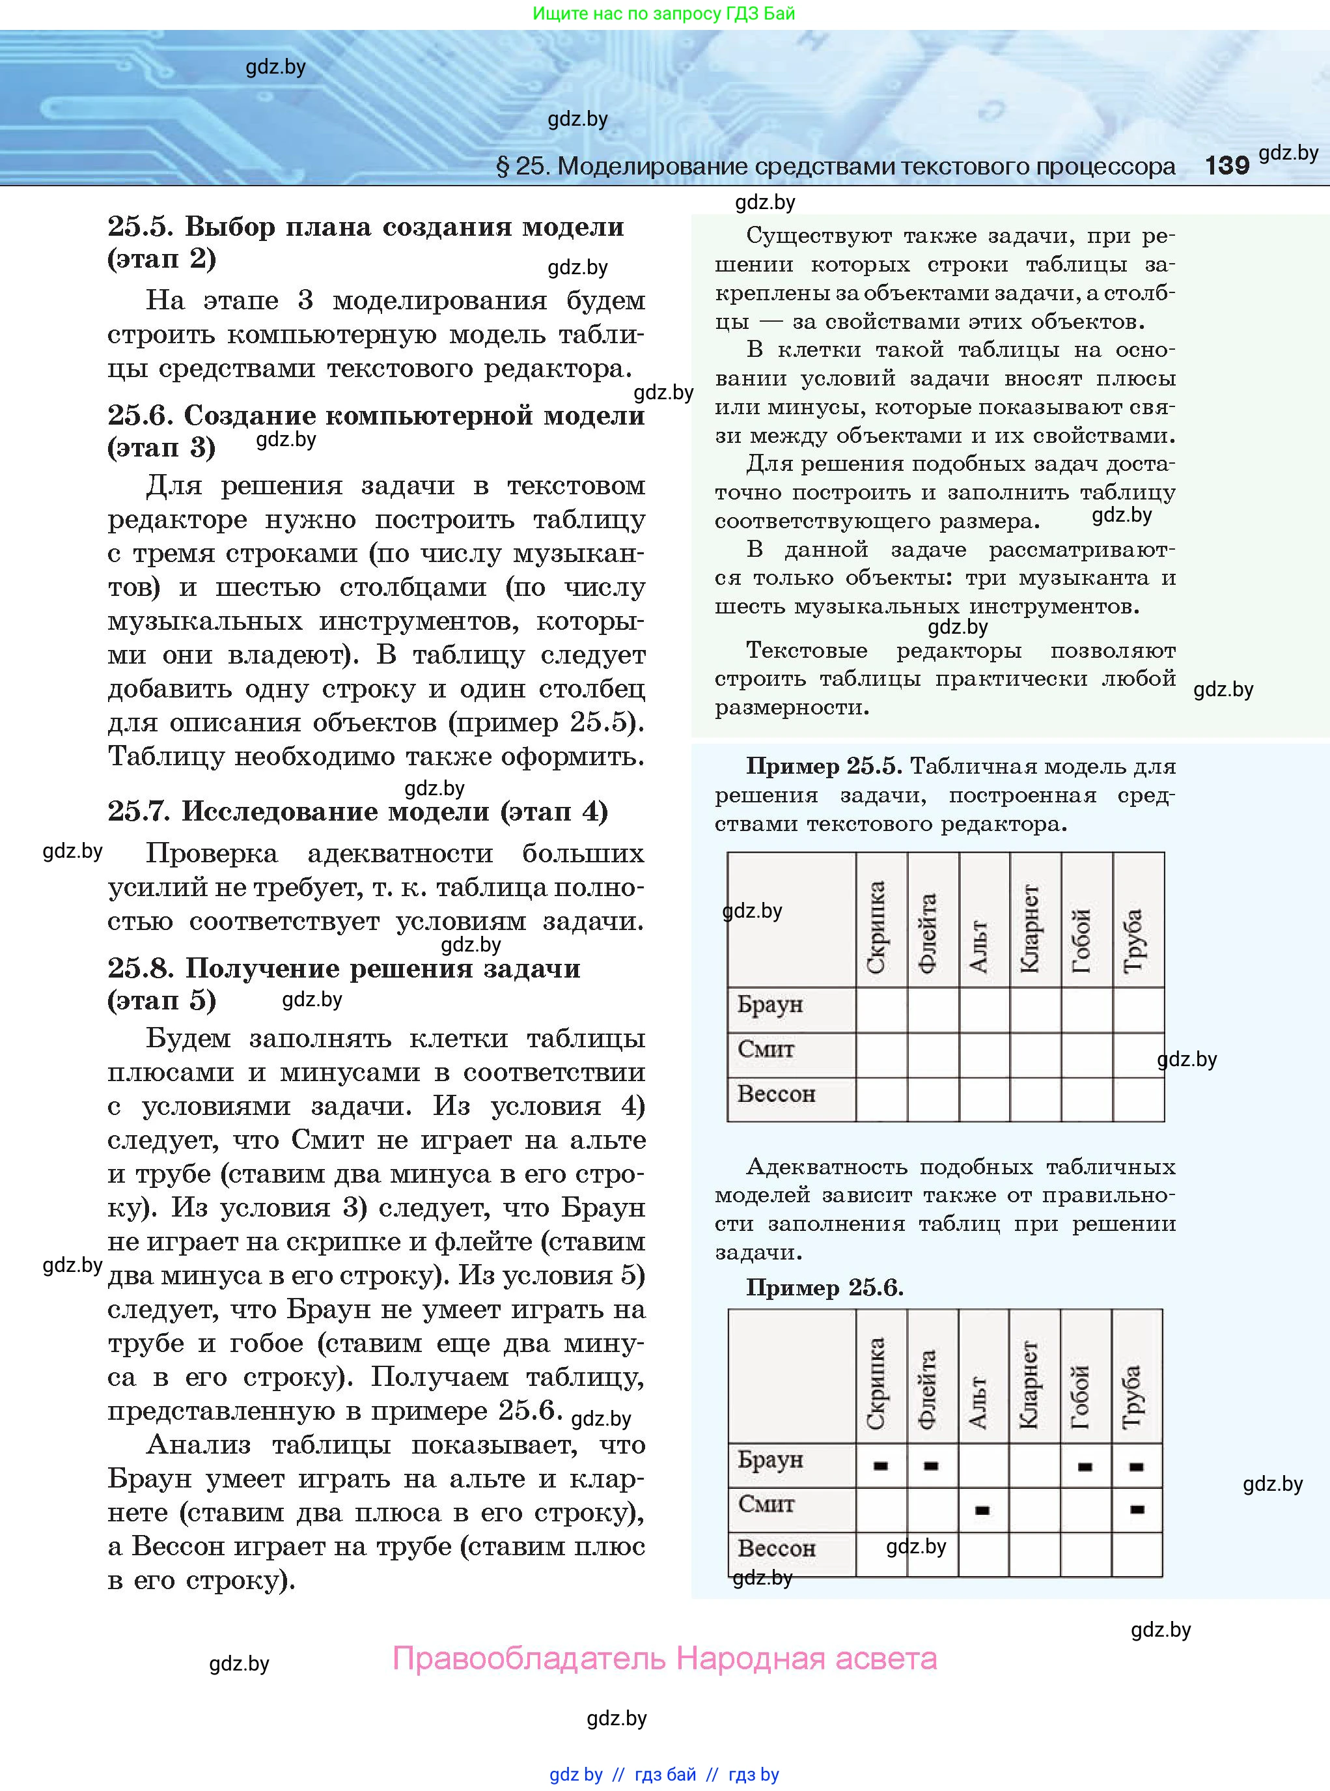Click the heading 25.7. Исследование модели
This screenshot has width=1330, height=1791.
pos(357,811)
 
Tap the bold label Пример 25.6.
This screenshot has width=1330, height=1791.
pos(824,1288)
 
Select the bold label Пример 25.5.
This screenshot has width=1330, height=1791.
pos(826,766)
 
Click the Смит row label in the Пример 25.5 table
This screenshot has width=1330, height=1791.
pos(766,1050)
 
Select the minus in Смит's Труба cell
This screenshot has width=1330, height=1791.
pos(1137,1510)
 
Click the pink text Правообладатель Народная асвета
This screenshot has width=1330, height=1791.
pos(664,1659)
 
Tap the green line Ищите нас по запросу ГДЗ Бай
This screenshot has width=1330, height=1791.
pos(663,14)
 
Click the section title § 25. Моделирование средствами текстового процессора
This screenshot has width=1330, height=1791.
pos(836,167)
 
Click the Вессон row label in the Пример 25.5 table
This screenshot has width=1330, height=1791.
pos(776,1094)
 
